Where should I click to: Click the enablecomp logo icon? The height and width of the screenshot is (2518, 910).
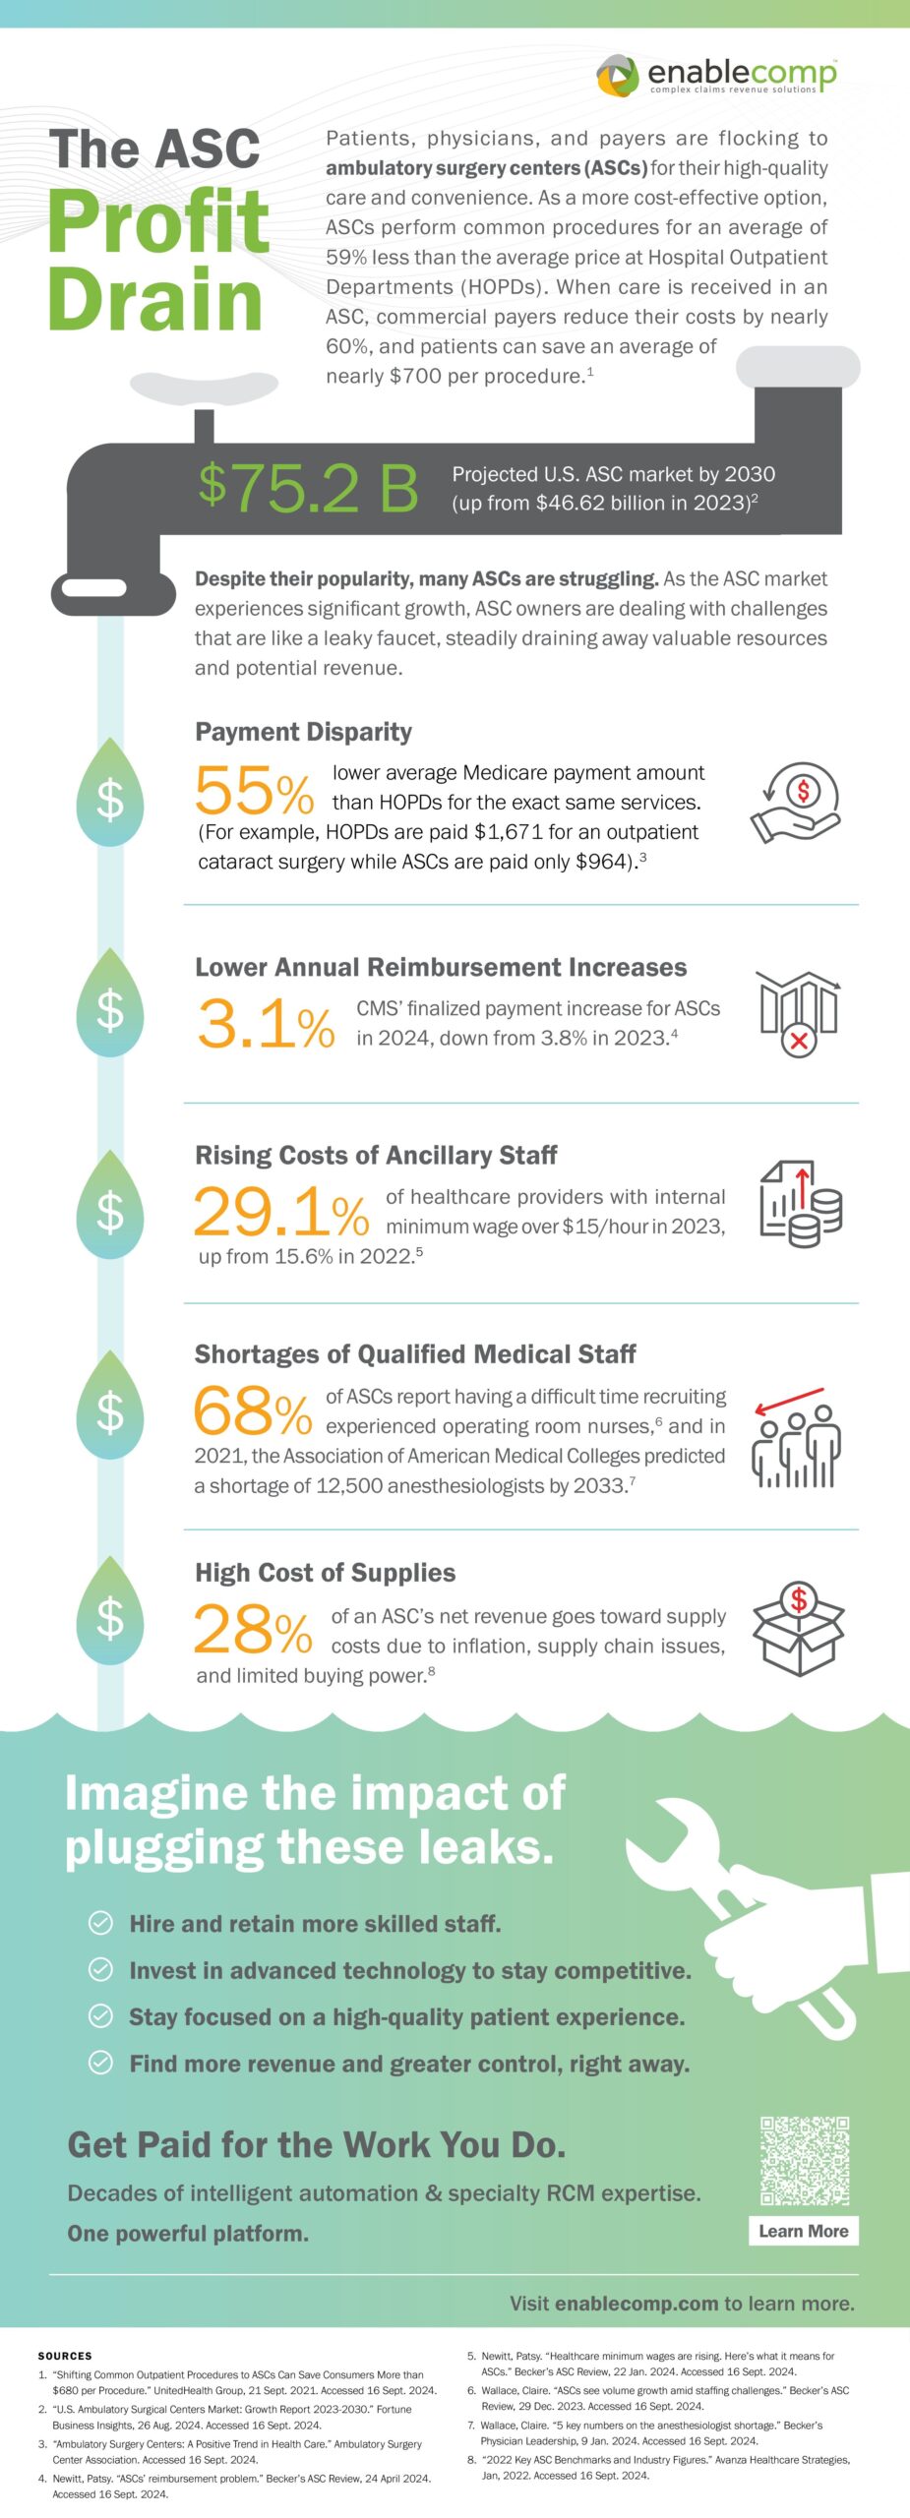pyautogui.click(x=618, y=76)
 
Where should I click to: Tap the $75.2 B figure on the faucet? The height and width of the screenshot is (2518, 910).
pyautogui.click(x=309, y=487)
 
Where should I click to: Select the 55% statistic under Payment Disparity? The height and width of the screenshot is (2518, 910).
pyautogui.click(x=254, y=791)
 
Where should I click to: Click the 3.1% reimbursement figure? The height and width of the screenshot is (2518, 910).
pyautogui.click(x=266, y=1023)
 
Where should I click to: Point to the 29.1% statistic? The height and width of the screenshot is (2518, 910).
pyautogui.click(x=281, y=1212)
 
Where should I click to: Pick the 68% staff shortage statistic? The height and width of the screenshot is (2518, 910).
pyautogui.click(x=253, y=1411)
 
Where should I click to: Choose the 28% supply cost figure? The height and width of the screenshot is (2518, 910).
pyautogui.click(x=253, y=1630)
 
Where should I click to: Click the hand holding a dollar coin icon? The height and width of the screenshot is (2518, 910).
pyautogui.click(x=796, y=803)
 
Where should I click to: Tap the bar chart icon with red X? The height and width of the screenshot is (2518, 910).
pyautogui.click(x=798, y=1013)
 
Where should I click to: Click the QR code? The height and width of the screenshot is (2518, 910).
pyautogui.click(x=804, y=2161)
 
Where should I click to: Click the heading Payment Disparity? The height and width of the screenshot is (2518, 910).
pyautogui.click(x=303, y=732)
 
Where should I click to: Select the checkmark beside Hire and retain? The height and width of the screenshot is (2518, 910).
pyautogui.click(x=100, y=1923)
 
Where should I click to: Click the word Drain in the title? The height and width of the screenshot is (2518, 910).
pyautogui.click(x=155, y=299)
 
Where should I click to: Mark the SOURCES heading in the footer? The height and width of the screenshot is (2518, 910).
pyautogui.click(x=65, y=2356)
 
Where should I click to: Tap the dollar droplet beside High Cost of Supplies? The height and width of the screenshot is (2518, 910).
pyautogui.click(x=110, y=1617)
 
